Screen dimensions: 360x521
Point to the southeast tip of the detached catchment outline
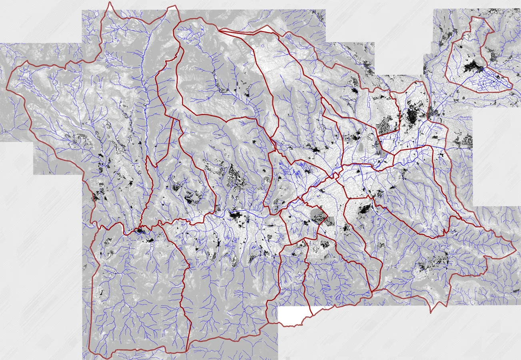tap(512, 89)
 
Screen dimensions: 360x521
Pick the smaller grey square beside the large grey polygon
tap(331, 221)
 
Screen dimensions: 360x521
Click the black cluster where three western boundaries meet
tap(140, 231)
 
